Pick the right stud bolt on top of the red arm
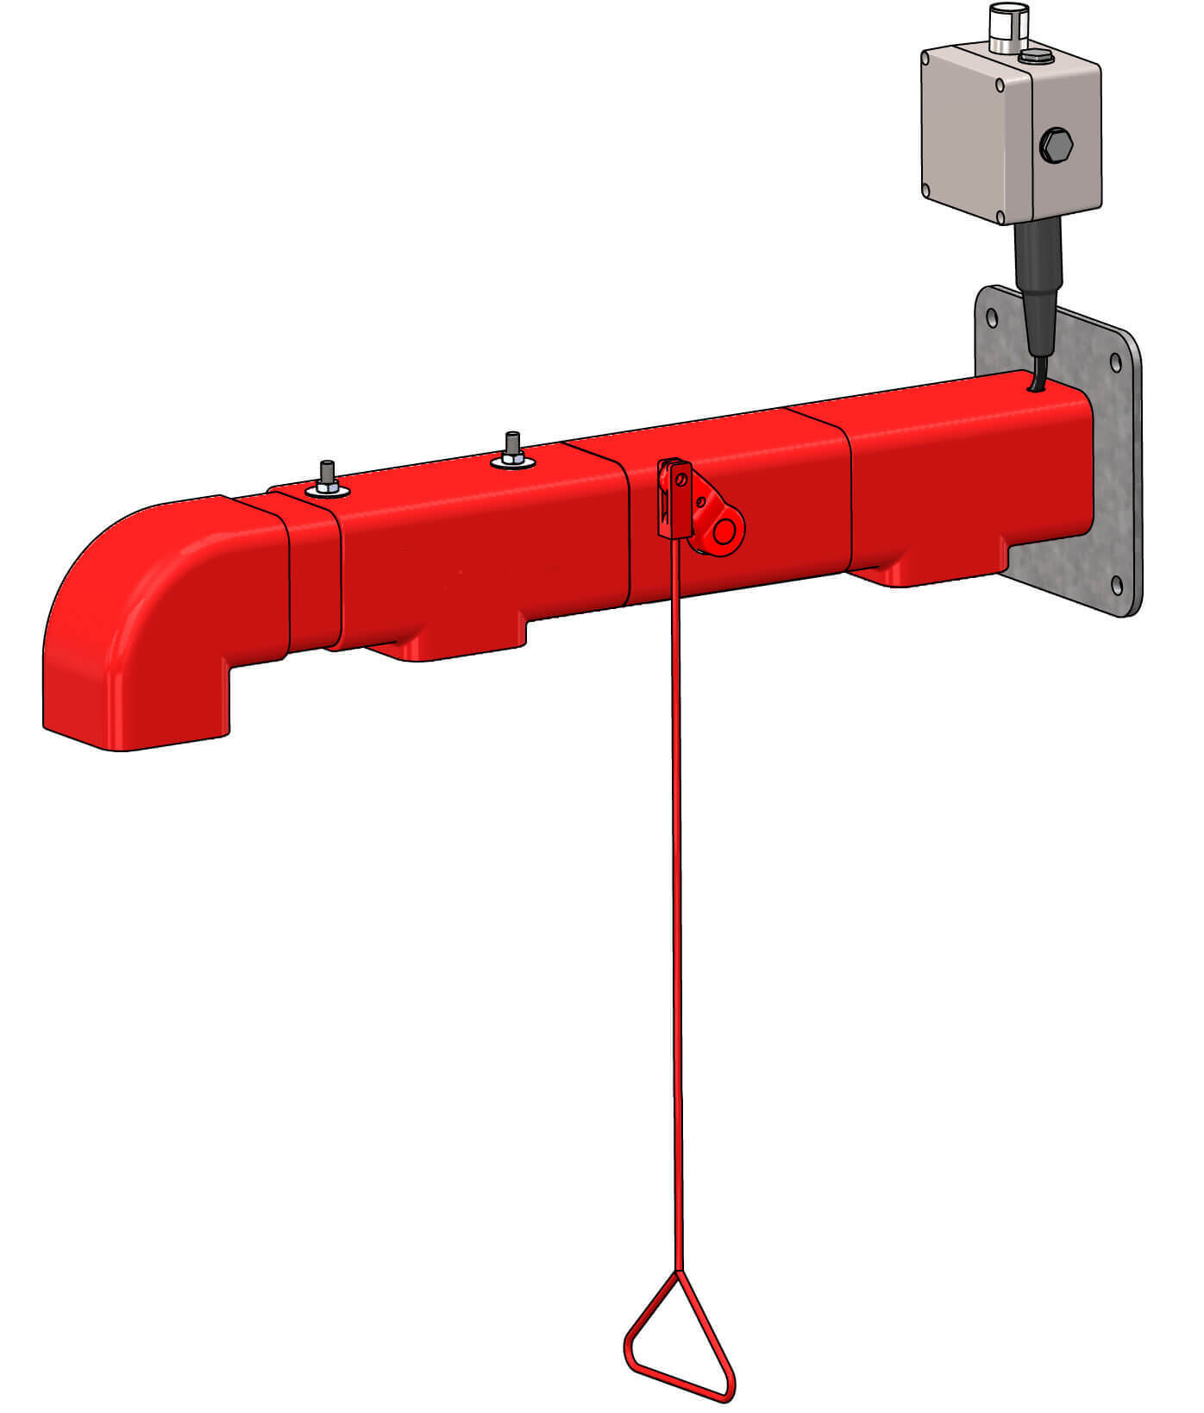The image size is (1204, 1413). pos(512,449)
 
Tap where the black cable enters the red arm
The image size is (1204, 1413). pos(1034,388)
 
